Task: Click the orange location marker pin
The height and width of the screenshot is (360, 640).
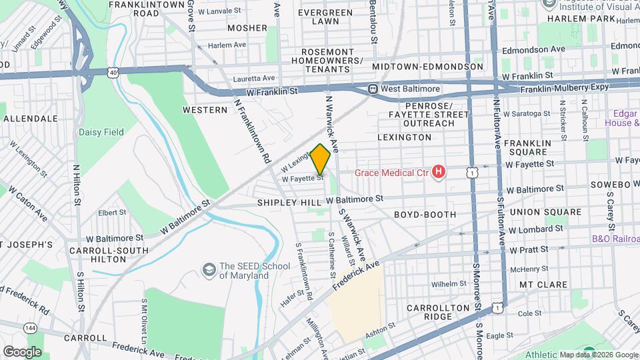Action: coord(320,159)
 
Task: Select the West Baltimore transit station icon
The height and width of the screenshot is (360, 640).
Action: coord(373,89)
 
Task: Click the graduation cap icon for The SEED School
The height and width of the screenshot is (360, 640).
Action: coord(209,270)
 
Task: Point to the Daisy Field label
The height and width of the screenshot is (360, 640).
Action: coord(101,132)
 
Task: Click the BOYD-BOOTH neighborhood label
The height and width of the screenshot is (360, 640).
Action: coord(425,215)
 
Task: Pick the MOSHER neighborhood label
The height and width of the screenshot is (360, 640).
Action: coord(247,28)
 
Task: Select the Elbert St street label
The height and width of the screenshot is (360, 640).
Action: coord(112,213)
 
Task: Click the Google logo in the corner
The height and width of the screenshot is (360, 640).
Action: coord(22,351)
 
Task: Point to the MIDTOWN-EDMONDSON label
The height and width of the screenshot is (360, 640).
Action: coord(427,67)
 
